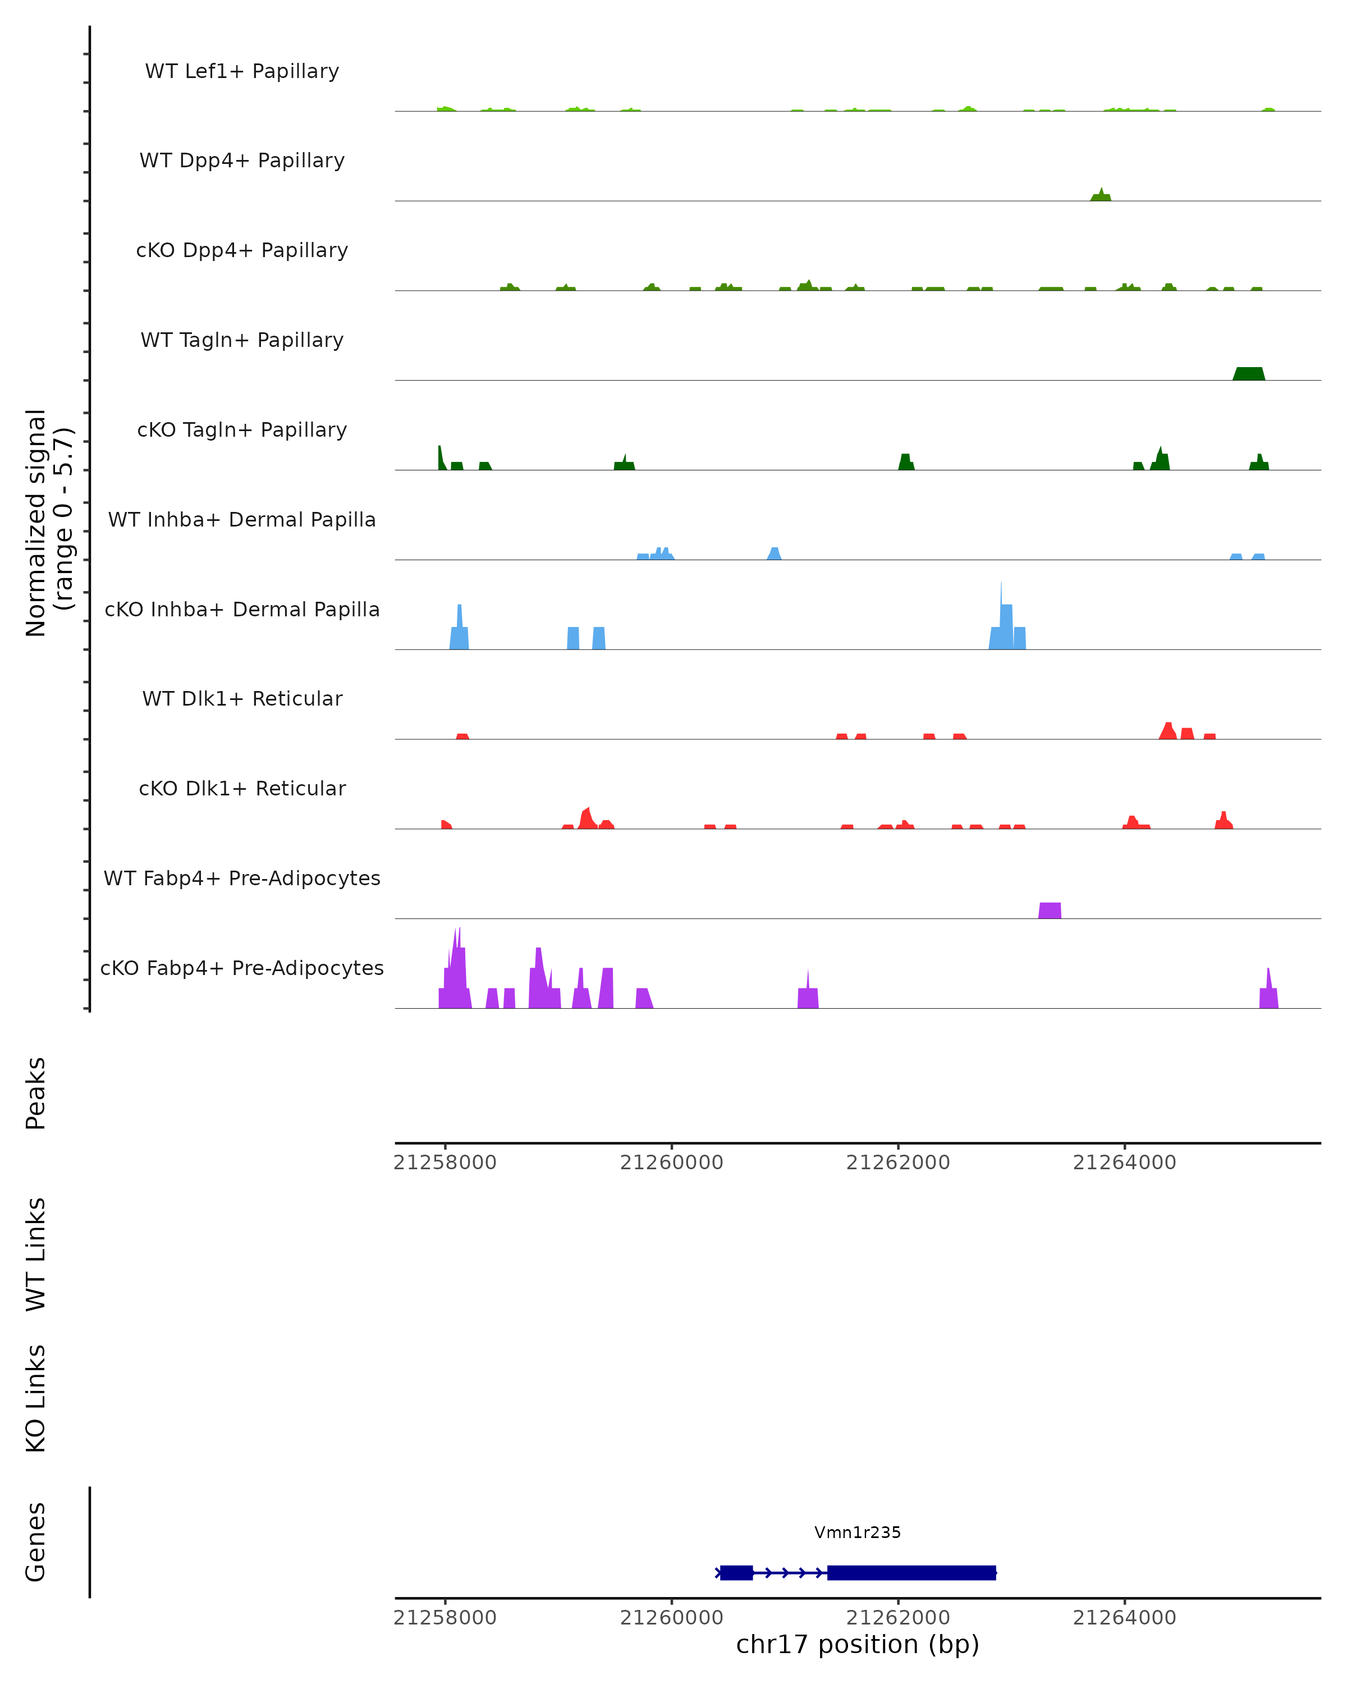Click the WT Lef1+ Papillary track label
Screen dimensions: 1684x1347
point(242,71)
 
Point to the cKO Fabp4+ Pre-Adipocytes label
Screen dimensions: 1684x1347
point(242,968)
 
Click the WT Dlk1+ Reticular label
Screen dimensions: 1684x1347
point(242,699)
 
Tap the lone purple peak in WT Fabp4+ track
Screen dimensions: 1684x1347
point(1050,910)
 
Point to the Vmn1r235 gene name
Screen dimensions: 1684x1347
point(858,1532)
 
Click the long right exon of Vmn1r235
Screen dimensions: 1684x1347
point(911,1572)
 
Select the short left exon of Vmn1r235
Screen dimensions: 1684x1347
point(736,1572)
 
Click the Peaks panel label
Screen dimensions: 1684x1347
point(36,1093)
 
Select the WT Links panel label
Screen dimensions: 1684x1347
point(36,1253)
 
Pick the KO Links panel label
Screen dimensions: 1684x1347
point(36,1398)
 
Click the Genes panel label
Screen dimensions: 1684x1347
point(36,1542)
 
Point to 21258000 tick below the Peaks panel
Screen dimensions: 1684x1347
point(445,1163)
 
